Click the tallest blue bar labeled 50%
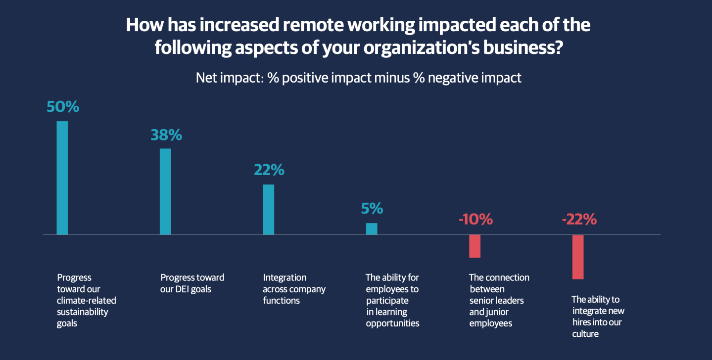click(x=62, y=178)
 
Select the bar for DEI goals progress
click(x=165, y=191)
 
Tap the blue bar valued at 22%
click(x=268, y=209)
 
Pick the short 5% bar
click(x=372, y=228)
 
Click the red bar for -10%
click(x=475, y=246)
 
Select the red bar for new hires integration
click(x=578, y=257)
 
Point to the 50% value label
click(x=63, y=107)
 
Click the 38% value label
click(x=166, y=135)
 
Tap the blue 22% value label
click(x=269, y=170)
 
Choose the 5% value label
click(x=372, y=209)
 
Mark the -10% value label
click(x=475, y=220)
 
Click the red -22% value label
click(x=579, y=220)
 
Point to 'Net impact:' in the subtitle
click(x=229, y=78)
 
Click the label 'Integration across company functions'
click(x=294, y=289)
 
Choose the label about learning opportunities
click(x=392, y=301)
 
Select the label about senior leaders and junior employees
click(x=499, y=301)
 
